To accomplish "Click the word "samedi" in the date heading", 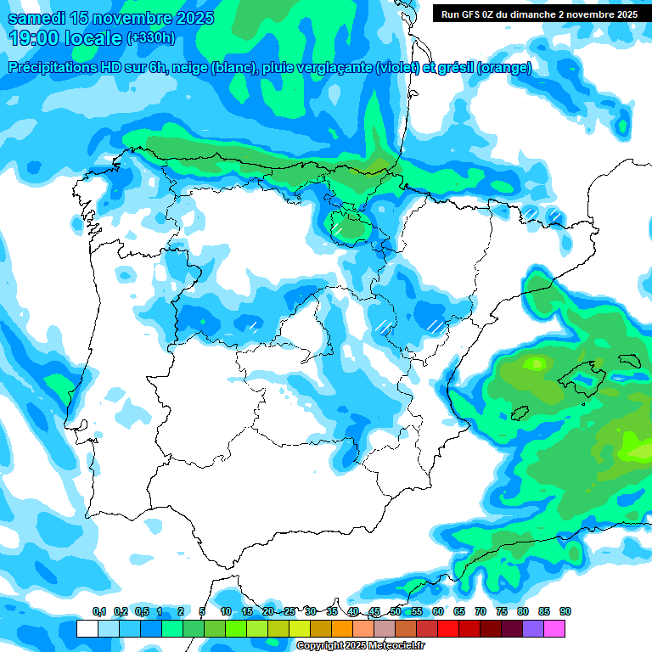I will [x=39, y=17].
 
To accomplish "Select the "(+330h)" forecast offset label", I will [x=150, y=38].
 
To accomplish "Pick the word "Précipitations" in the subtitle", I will [x=53, y=68].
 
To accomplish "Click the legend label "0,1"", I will [x=99, y=612].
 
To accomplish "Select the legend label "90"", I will [x=565, y=612].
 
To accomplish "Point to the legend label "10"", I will [x=226, y=612].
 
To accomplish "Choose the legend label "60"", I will [x=438, y=612].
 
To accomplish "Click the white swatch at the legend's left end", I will [x=87, y=628].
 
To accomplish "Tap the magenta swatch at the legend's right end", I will [x=554, y=628].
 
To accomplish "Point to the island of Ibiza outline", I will [x=520, y=413].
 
